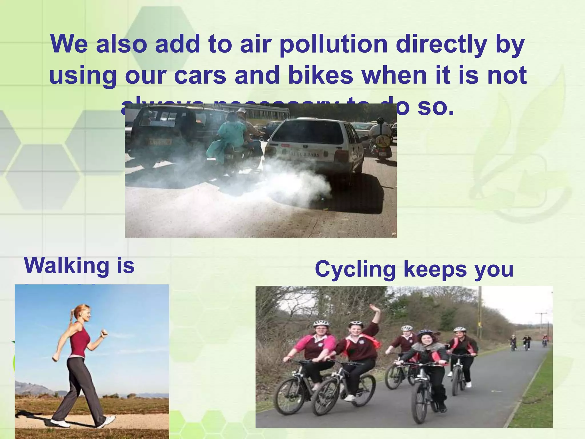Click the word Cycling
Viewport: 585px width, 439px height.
pyautogui.click(x=355, y=269)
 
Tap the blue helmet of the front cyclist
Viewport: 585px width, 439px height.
pyautogui.click(x=425, y=332)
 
